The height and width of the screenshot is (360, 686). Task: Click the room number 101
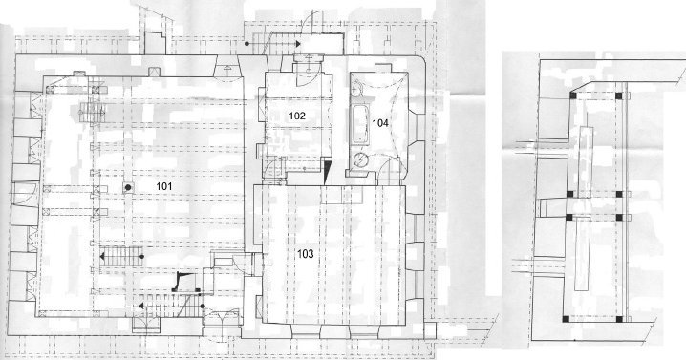click(164, 186)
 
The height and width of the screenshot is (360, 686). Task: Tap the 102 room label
click(297, 116)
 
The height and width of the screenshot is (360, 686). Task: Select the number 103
click(306, 254)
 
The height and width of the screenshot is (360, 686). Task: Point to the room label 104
click(380, 123)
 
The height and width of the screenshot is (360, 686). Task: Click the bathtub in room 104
click(360, 125)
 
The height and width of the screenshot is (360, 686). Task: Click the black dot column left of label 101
click(128, 188)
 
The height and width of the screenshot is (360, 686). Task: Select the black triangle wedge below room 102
click(327, 171)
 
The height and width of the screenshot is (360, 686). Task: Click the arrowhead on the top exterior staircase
click(297, 44)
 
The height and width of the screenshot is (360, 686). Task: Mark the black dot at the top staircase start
click(247, 44)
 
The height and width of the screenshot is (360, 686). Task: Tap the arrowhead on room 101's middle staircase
click(102, 257)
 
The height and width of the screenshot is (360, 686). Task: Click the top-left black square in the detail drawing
click(572, 95)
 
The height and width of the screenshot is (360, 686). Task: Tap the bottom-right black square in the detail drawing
click(619, 319)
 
